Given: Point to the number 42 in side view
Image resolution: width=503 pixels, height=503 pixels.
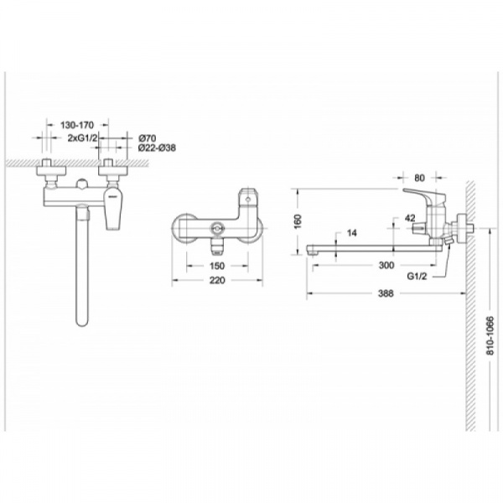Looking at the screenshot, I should pyautogui.click(x=411, y=216).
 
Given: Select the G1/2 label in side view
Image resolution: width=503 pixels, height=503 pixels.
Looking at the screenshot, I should pyautogui.click(x=419, y=274).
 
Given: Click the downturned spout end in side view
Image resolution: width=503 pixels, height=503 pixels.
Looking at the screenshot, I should pyautogui.click(x=314, y=252).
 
